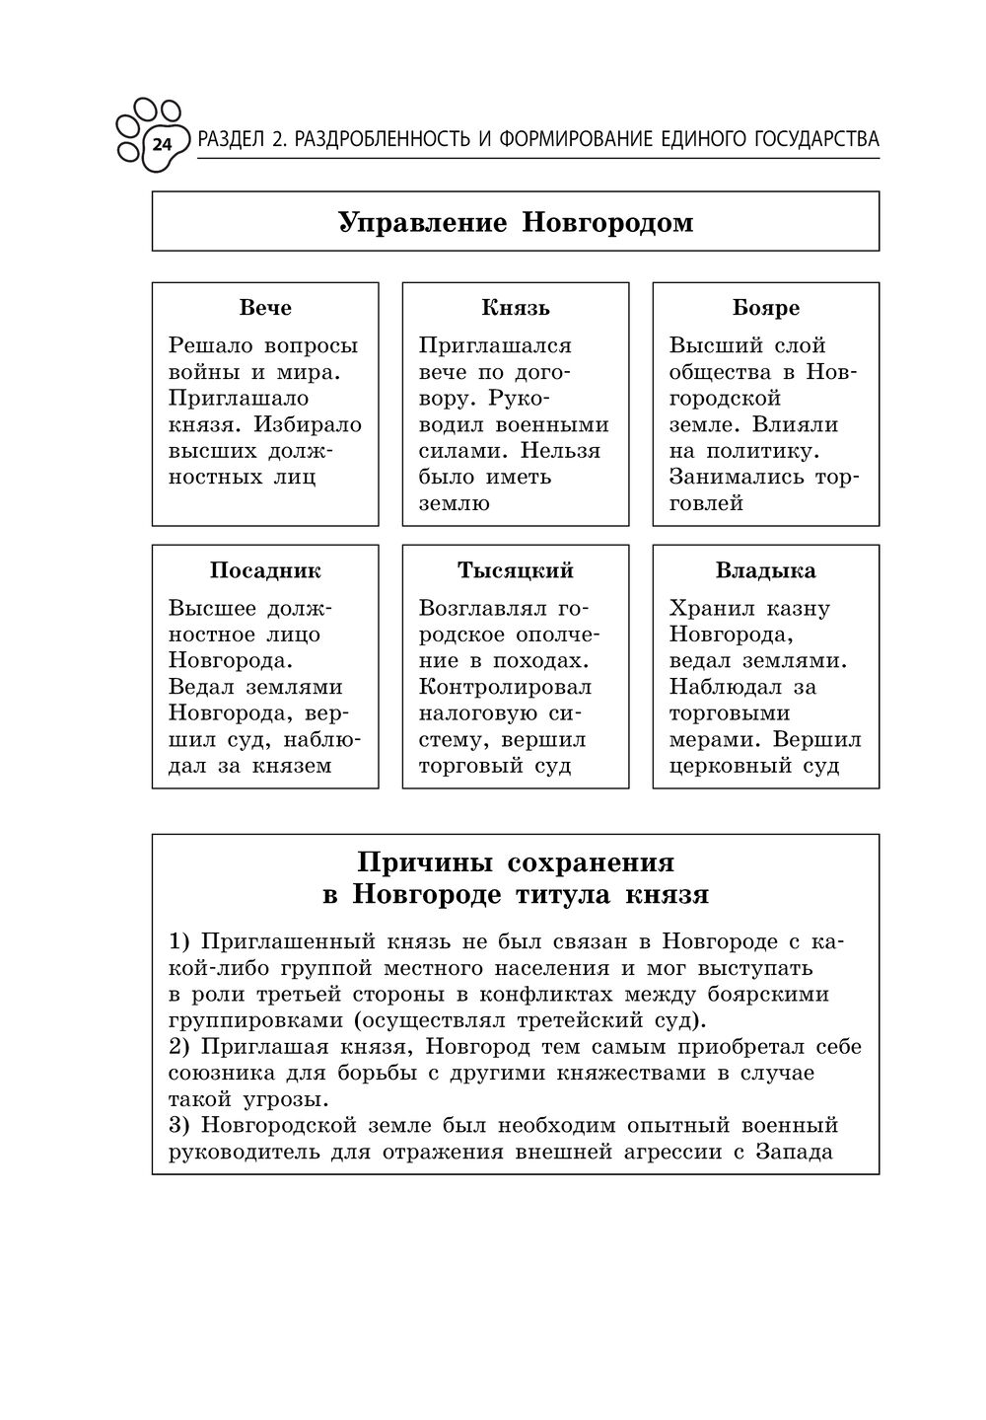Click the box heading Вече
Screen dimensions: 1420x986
(265, 308)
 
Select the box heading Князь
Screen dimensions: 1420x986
(516, 308)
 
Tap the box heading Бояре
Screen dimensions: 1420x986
(766, 308)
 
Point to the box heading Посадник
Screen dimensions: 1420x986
(265, 571)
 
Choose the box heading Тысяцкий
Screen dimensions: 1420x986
(516, 571)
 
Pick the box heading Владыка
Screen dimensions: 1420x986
(766, 571)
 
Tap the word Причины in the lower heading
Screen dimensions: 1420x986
(424, 862)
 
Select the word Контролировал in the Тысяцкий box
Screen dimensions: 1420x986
(505, 687)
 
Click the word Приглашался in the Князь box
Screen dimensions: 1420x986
(495, 345)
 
